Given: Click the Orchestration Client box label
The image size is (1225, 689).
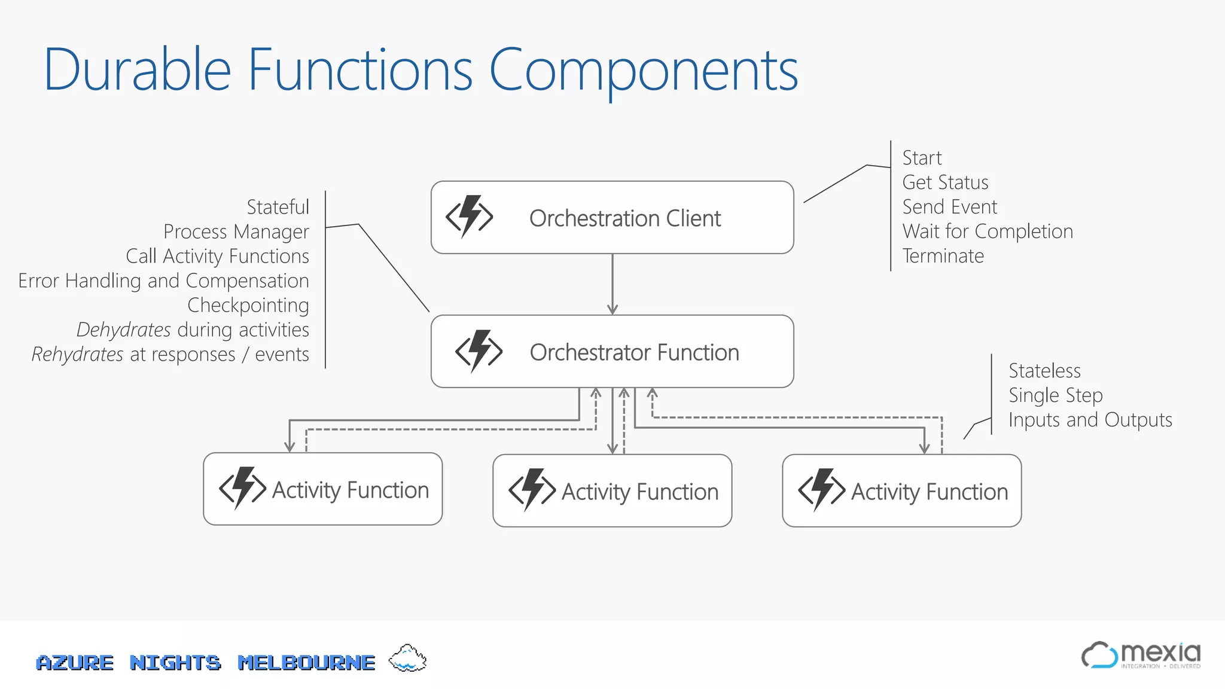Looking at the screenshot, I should coord(624,218).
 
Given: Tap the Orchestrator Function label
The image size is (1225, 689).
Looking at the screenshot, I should coord(634,352).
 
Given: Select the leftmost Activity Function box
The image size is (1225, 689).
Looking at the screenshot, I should coord(322,489).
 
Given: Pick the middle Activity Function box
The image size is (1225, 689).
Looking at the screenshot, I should coord(612,491).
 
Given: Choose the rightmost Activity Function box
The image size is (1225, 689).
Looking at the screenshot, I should coord(901,491).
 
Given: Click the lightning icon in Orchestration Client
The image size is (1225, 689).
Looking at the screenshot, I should coord(470,217).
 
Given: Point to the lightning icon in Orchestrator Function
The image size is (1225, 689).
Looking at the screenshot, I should coord(479,351).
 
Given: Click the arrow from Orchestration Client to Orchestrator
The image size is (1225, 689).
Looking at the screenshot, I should coord(612,284).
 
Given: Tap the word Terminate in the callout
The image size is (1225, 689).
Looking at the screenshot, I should coord(943,256).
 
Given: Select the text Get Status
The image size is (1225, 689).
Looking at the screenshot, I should coord(945,182).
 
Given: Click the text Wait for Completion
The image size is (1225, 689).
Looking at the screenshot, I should coord(988,231).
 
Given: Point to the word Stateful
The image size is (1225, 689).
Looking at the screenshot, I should coord(278,207).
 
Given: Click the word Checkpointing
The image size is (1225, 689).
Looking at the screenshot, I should coord(248,305).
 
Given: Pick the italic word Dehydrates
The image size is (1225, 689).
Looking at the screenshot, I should coord(124,330).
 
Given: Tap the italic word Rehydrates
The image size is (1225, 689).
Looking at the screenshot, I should coord(78,354).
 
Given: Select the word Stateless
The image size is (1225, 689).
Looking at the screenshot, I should coord(1044,371).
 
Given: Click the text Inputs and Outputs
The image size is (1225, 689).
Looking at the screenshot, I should coord(1090,420).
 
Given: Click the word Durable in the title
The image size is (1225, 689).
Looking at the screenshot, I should coord(137,70).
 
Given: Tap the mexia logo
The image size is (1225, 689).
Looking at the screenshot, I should coord(1141,656).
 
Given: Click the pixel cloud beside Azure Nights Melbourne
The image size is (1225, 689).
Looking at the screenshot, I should coord(407,658).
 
